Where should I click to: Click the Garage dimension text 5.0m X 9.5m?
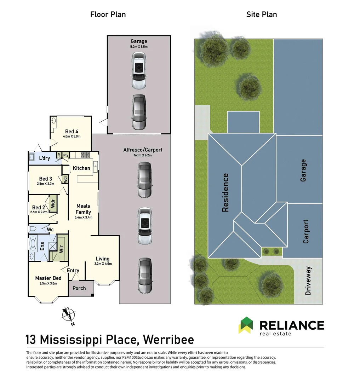pyautogui.click(x=139, y=47)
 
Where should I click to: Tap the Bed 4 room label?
pyautogui.click(x=72, y=132)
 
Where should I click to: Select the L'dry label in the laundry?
pyautogui.click(x=44, y=158)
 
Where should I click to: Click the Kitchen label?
pyautogui.click(x=81, y=168)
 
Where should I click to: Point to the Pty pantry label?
pyautogui.click(x=66, y=155)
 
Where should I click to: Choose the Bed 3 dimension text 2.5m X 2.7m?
pyautogui.click(x=46, y=184)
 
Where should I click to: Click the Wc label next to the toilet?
pyautogui.click(x=50, y=230)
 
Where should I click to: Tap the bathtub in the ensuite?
pyautogui.click(x=33, y=244)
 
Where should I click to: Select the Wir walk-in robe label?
pyautogui.click(x=61, y=249)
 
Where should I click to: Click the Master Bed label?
pyautogui.click(x=48, y=278)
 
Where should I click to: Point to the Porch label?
pyautogui.click(x=79, y=289)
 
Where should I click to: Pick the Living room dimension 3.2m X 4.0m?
pyautogui.click(x=103, y=264)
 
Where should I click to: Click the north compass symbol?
pyautogui.click(x=69, y=316)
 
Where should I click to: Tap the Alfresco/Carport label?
pyautogui.click(x=143, y=150)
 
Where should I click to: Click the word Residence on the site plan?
pyautogui.click(x=225, y=192)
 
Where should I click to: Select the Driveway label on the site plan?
pyautogui.click(x=308, y=281)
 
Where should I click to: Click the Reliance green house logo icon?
pyautogui.click(x=246, y=325)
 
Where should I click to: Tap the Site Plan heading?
pyautogui.click(x=262, y=15)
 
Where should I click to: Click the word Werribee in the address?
pyautogui.click(x=168, y=340)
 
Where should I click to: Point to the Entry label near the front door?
pyautogui.click(x=73, y=271)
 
